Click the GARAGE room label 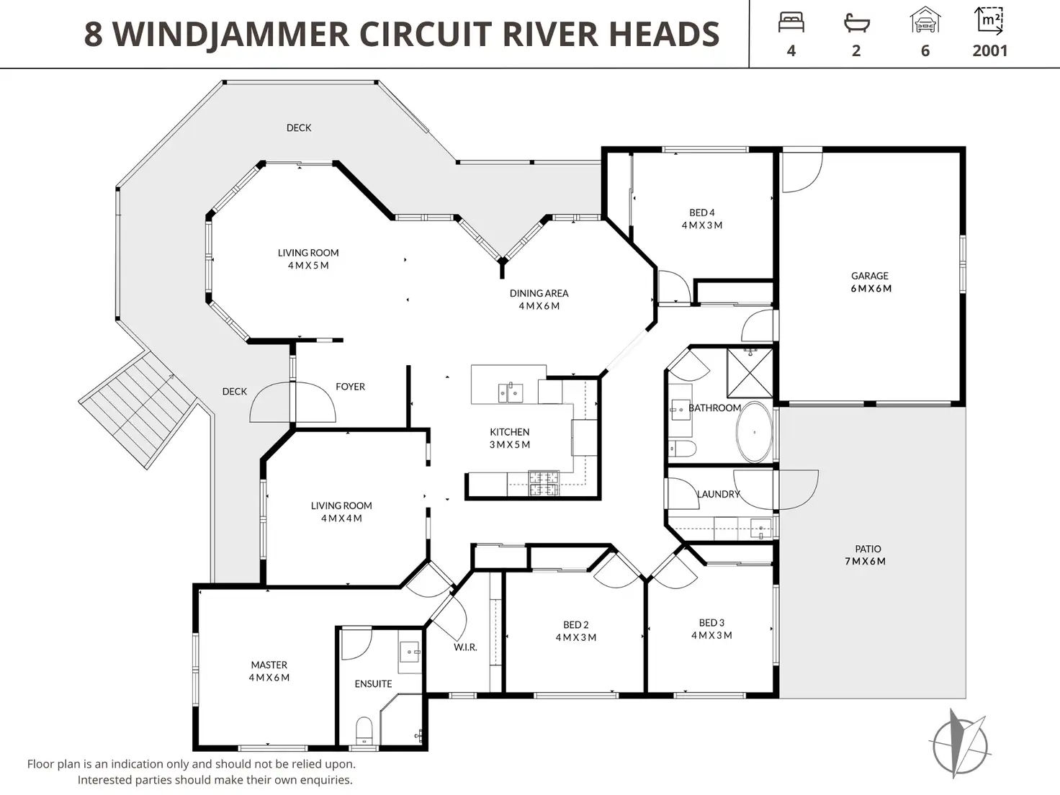pyautogui.click(x=870, y=276)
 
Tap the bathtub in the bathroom pyautogui.click(x=754, y=432)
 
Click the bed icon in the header pyautogui.click(x=791, y=22)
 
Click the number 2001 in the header pyautogui.click(x=990, y=50)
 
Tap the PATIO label pyautogui.click(x=868, y=549)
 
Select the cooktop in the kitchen pyautogui.click(x=544, y=483)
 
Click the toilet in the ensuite pyautogui.click(x=364, y=730)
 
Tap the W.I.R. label pyautogui.click(x=465, y=647)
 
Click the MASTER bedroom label pyautogui.click(x=269, y=665)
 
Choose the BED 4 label pyautogui.click(x=702, y=212)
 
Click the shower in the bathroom pyautogui.click(x=750, y=373)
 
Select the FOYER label pyautogui.click(x=350, y=387)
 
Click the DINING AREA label pyautogui.click(x=539, y=293)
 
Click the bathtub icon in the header pyautogui.click(x=856, y=22)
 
